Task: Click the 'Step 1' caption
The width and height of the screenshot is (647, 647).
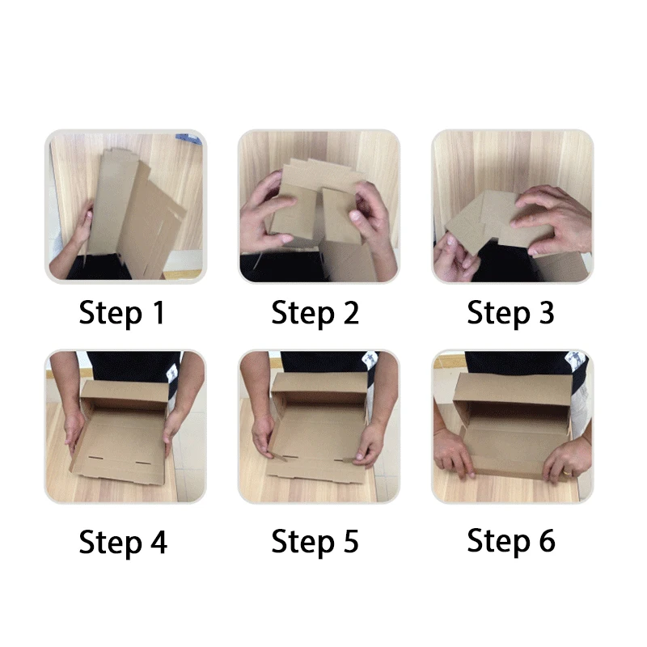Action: pos(122,313)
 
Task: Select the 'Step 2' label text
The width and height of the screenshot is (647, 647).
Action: pos(315,313)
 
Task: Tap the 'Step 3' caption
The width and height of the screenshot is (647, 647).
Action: pos(511,313)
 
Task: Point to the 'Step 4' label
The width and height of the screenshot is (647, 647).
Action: pos(122,542)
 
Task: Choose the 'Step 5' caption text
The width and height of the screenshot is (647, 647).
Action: pos(315,542)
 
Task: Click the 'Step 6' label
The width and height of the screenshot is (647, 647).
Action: pos(511,541)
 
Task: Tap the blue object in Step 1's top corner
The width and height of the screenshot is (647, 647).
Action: pos(192,138)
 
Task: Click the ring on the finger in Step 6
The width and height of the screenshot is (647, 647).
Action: pos(567,472)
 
